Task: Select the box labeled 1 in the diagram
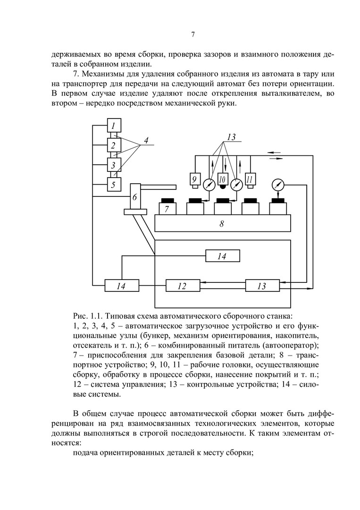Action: (114, 126)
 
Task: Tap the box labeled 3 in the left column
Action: (114, 165)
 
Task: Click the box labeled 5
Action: (114, 184)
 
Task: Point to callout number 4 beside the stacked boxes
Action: (146, 141)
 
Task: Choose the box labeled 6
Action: (135, 197)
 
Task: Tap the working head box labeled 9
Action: (193, 179)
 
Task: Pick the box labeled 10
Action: (223, 179)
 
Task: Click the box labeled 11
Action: (251, 179)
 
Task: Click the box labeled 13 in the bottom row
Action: (262, 286)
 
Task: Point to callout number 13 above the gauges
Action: (231, 137)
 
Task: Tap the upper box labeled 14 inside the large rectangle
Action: (222, 256)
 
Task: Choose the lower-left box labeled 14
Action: (122, 286)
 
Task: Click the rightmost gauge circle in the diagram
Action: (278, 184)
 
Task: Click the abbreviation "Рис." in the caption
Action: (81, 314)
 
